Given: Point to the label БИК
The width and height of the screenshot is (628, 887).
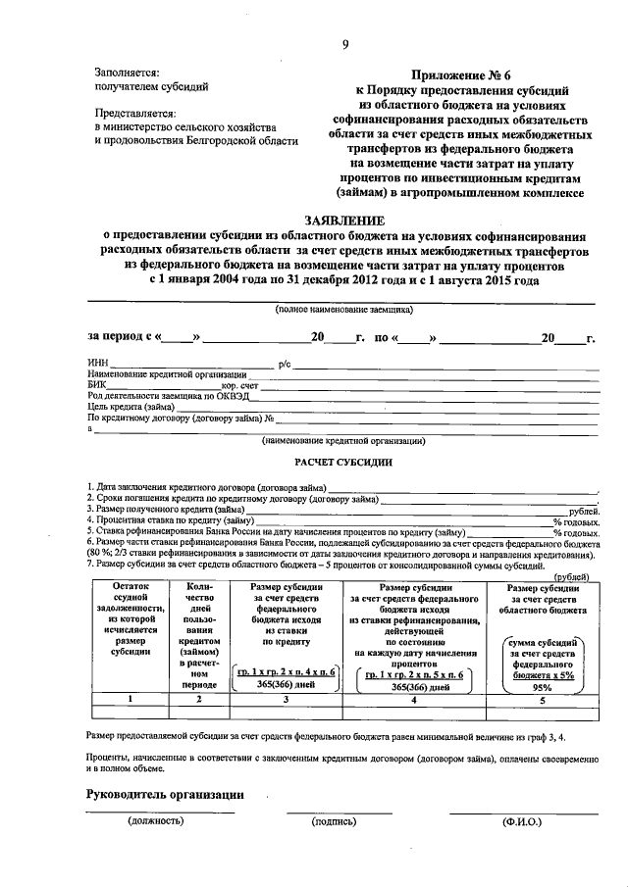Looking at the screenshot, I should point(97,385).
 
